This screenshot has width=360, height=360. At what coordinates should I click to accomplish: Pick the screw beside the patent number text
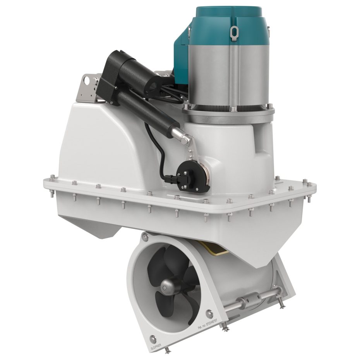pos(209,313)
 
